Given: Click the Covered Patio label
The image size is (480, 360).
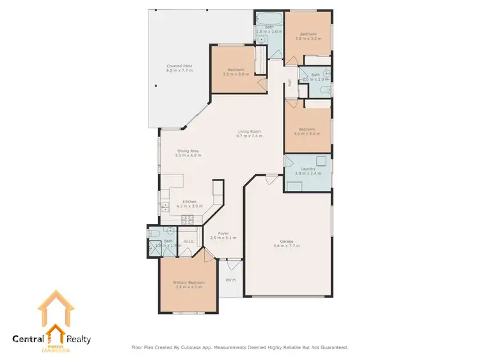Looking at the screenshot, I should click(180, 66).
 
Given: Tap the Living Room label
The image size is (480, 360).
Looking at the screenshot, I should click(249, 132).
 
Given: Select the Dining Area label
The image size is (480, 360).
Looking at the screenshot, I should click(189, 151).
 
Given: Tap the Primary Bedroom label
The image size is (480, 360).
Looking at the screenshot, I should click(189, 282).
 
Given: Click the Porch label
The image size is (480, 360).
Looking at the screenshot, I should click(230, 279).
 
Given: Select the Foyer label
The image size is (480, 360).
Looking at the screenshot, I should click(223, 233).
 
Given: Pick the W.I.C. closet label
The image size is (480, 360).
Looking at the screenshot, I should click(189, 241).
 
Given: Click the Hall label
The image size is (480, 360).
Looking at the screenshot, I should click(289, 82).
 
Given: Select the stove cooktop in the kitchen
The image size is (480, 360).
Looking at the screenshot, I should click(189, 220).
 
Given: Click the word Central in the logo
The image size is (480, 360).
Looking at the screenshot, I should click(28, 340).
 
